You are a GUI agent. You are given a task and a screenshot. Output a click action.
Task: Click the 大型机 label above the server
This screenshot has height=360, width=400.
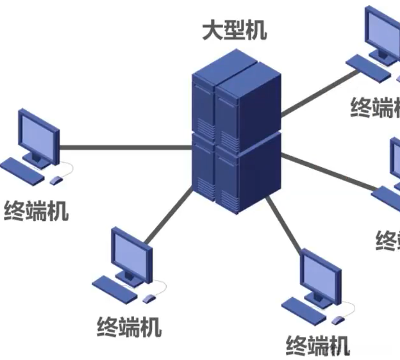pos(235,29)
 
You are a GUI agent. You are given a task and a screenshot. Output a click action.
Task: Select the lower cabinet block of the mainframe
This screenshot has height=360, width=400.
pos(237,173)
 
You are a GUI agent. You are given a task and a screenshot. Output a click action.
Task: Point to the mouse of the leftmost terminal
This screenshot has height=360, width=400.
pos(57,180)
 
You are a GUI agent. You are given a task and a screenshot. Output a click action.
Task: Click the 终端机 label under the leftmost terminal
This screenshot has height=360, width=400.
pos(37,211)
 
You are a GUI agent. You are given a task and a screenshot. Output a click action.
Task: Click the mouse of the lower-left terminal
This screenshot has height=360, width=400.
pos(150,299)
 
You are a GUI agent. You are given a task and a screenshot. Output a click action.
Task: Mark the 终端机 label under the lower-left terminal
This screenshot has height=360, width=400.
pos(129,327)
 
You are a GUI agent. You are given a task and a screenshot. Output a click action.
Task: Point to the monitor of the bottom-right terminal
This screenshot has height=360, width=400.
pos(321,276)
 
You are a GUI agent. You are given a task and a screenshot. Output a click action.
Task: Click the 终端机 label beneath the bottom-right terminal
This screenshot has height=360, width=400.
pos(318,345)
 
